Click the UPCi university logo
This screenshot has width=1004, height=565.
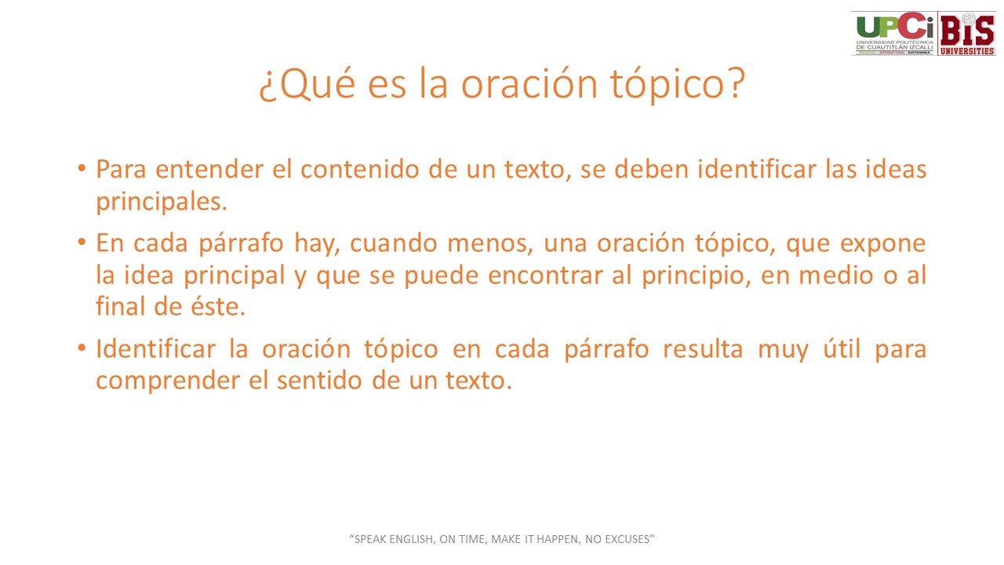[x=894, y=33]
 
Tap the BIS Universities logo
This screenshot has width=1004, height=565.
[x=967, y=33]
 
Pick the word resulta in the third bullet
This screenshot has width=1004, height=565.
[x=703, y=349]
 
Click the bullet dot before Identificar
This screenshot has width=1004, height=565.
[x=82, y=348]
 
